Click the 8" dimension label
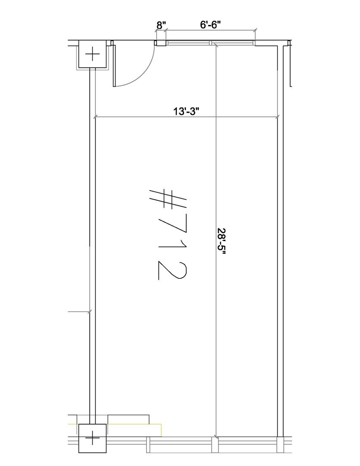pyautogui.click(x=161, y=25)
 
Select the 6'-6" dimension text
pyautogui.click(x=210, y=25)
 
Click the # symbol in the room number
pyautogui.click(x=167, y=199)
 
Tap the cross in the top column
pyautogui.click(x=92, y=54)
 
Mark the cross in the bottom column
pyautogui.click(x=92, y=438)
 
